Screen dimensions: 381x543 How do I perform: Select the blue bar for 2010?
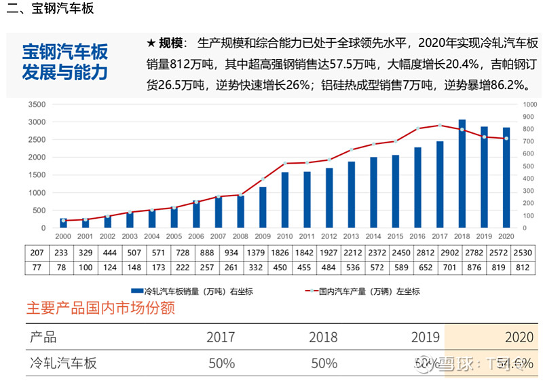(285, 201)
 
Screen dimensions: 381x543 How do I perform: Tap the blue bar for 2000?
(64, 223)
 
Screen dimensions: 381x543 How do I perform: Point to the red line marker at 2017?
(440, 125)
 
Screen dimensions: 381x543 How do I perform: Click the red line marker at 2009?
(263, 180)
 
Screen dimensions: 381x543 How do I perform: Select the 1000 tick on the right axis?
(529, 105)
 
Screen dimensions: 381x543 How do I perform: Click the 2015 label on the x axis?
(395, 236)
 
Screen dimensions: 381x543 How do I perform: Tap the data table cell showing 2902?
(439, 252)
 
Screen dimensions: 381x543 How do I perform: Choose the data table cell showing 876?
(462, 268)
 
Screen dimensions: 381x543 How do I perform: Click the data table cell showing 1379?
(263, 252)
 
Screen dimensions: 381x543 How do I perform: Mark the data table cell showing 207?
(37, 252)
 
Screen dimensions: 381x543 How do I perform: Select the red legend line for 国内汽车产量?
(318, 291)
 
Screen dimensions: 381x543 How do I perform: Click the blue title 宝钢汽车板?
(64, 52)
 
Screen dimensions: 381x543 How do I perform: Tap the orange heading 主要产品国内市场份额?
(100, 308)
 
